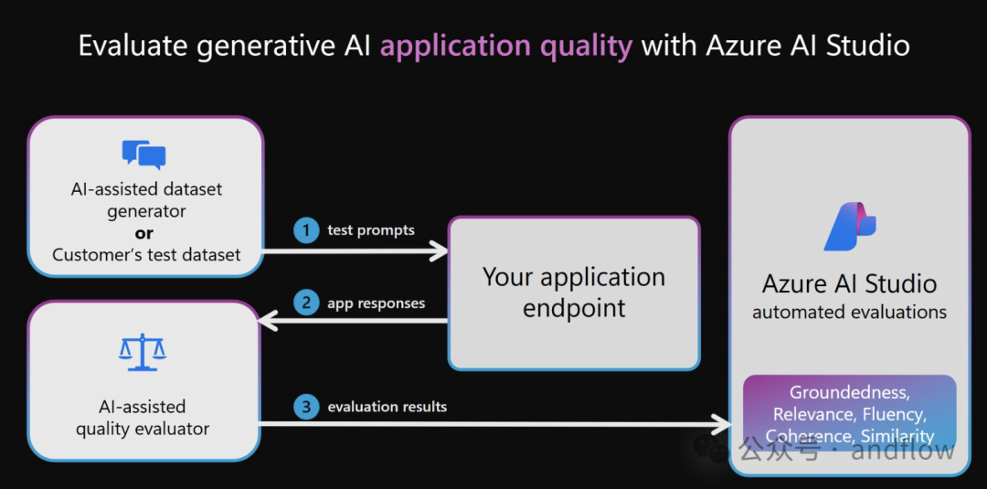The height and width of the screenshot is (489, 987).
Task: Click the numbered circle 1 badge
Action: [306, 230]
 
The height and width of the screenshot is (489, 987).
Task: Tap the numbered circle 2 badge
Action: [306, 303]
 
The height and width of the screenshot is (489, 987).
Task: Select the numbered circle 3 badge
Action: [306, 407]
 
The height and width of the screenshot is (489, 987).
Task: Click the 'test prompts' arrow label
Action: [371, 230]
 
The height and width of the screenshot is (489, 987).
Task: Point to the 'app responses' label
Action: [376, 303]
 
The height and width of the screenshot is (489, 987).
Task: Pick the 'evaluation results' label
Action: [387, 407]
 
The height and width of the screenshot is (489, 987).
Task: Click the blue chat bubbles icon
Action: [144, 154]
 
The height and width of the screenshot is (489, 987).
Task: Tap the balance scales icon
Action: [143, 352]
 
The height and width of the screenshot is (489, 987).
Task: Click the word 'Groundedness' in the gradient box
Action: [849, 393]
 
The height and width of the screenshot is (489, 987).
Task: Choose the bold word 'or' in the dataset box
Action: [144, 233]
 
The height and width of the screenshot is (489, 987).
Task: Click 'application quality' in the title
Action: [505, 46]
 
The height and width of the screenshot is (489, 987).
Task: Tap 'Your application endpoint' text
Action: [574, 292]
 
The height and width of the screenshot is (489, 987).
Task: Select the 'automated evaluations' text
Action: [849, 313]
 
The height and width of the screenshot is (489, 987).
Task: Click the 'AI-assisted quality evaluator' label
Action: [143, 418]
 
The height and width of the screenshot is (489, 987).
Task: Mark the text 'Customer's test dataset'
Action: [146, 255]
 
